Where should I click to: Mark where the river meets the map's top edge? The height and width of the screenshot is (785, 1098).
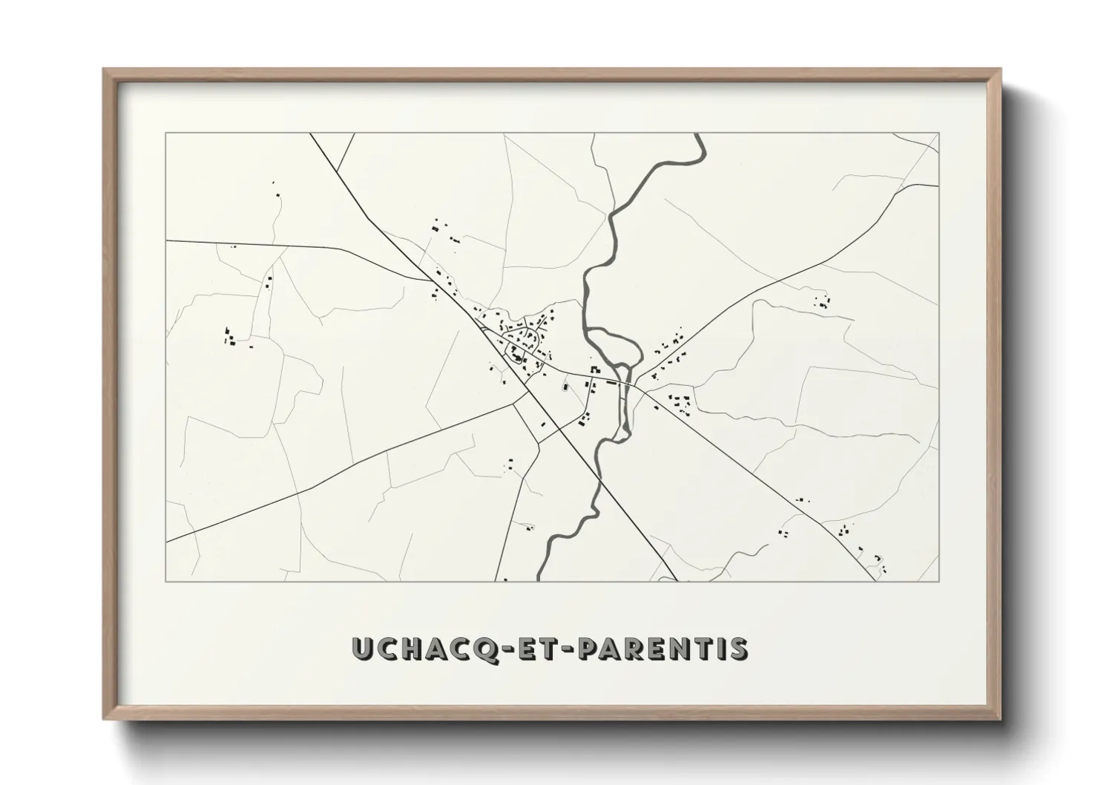point(699,134)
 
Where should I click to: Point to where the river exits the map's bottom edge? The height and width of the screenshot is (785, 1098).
point(539,580)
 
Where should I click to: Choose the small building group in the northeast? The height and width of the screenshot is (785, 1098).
point(821,301)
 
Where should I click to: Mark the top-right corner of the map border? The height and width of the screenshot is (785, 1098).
point(938,134)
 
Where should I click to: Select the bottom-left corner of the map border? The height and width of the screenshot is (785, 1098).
point(165,581)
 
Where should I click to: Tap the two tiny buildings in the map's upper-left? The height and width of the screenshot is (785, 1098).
point(277,189)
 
